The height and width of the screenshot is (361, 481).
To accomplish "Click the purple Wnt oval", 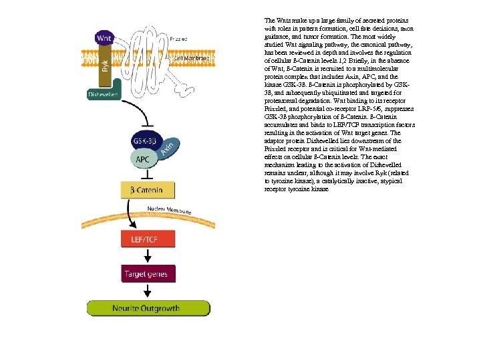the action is [104, 39].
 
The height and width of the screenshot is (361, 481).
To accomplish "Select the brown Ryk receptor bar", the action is [104, 67].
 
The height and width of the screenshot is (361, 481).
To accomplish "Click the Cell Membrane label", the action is [189, 58].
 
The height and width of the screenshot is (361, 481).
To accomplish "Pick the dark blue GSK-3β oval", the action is [145, 142].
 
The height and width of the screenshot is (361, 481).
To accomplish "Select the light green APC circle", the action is [142, 160].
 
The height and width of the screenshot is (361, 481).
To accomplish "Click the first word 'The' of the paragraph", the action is [270, 21].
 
